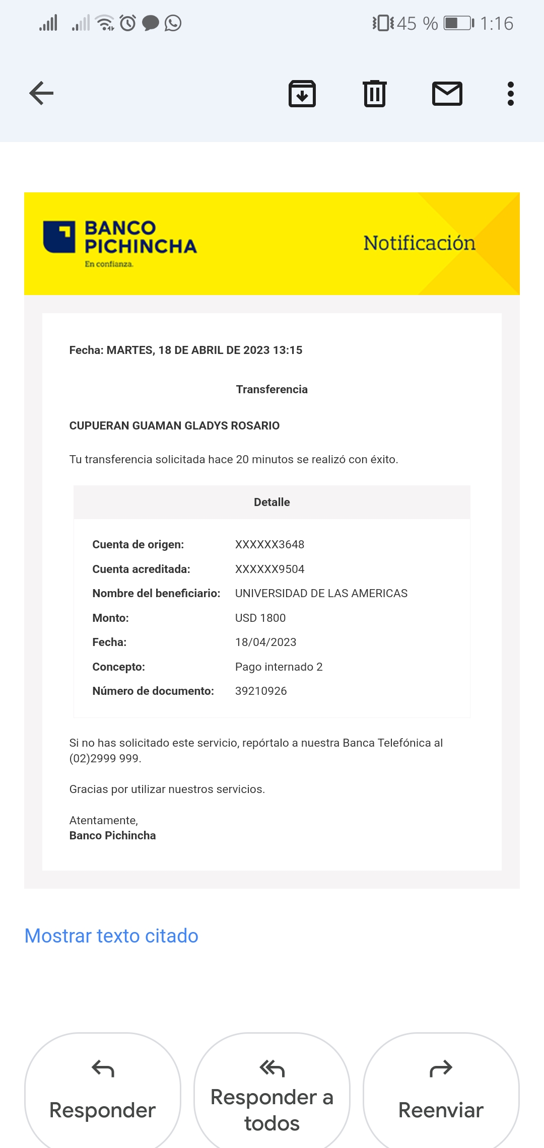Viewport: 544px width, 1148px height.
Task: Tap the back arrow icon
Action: (x=41, y=93)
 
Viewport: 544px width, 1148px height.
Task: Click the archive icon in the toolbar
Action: (x=302, y=94)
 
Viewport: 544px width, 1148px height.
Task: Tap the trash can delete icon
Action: (x=375, y=94)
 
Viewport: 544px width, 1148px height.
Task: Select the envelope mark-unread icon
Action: (x=447, y=94)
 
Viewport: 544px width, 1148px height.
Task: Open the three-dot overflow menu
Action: (x=511, y=94)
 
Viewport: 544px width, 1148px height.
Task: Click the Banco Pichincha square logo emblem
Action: (x=59, y=237)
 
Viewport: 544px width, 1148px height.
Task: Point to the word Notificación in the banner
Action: (x=419, y=243)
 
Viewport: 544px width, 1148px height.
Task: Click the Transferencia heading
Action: (x=272, y=389)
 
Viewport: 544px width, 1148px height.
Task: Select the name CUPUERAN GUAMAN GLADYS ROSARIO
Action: (x=174, y=425)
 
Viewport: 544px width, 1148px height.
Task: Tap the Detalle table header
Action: (x=272, y=502)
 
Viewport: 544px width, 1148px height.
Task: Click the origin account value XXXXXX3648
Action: (x=269, y=544)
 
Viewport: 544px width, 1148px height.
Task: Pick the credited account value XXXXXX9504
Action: (x=269, y=569)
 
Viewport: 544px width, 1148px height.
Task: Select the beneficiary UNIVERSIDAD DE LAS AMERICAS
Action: (x=321, y=593)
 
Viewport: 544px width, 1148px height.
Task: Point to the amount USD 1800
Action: (x=260, y=618)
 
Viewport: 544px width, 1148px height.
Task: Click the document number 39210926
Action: (x=261, y=691)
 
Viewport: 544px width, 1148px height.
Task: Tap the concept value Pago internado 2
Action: (x=279, y=667)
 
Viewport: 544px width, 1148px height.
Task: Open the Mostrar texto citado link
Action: (x=111, y=936)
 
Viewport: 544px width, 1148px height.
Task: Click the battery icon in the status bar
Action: (x=458, y=23)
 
